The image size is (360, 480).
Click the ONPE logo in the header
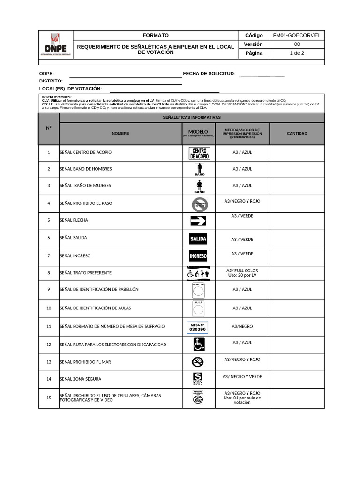click(x=55, y=45)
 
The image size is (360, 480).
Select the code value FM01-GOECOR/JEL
click(x=297, y=35)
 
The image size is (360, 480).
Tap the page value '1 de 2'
click(x=297, y=53)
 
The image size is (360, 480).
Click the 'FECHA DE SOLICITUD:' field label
click(x=209, y=74)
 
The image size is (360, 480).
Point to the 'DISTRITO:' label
click(x=51, y=81)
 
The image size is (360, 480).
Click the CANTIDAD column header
click(x=297, y=134)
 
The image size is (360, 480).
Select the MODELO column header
click(x=198, y=132)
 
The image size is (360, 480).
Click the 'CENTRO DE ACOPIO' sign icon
click(x=199, y=153)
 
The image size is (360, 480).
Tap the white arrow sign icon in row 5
click(x=198, y=221)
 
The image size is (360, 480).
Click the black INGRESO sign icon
click(x=198, y=256)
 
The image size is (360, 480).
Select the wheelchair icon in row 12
click(x=199, y=345)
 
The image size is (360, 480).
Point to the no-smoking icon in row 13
click(x=198, y=362)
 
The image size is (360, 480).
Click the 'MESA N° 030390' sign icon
click(x=197, y=327)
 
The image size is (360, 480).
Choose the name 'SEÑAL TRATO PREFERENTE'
click(x=86, y=273)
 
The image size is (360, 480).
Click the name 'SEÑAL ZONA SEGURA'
click(x=81, y=379)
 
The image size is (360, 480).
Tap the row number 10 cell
click(x=49, y=308)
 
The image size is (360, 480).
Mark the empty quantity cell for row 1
click(x=297, y=152)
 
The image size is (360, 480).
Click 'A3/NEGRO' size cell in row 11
click(x=242, y=326)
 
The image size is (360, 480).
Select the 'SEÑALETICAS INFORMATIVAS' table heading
click(x=191, y=117)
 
